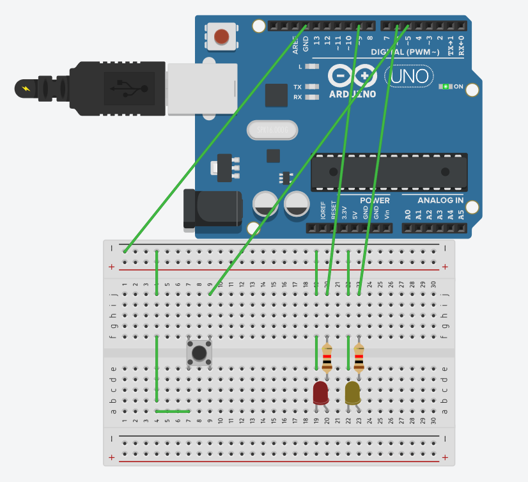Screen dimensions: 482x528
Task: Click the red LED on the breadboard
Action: (320, 393)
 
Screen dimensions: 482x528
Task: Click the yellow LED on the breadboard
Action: (352, 393)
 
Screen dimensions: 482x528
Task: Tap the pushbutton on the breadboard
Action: (199, 353)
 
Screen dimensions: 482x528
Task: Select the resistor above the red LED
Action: (327, 358)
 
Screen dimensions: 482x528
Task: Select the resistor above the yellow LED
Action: (359, 358)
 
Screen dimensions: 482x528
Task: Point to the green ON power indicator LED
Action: (446, 86)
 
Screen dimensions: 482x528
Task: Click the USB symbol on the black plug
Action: (130, 88)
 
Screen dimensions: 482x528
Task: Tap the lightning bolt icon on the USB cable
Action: (25, 88)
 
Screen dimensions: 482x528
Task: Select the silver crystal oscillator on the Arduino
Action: (272, 130)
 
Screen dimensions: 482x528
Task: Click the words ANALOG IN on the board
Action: (440, 201)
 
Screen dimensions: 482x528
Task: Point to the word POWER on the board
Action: (374, 201)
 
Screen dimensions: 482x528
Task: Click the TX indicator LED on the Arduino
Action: (312, 87)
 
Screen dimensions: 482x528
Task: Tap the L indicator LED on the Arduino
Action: (312, 66)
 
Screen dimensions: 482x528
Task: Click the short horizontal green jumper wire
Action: (173, 411)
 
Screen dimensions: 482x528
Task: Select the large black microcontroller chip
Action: (389, 172)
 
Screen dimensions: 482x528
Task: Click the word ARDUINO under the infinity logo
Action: (352, 94)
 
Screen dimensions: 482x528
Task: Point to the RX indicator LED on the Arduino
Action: (312, 97)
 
